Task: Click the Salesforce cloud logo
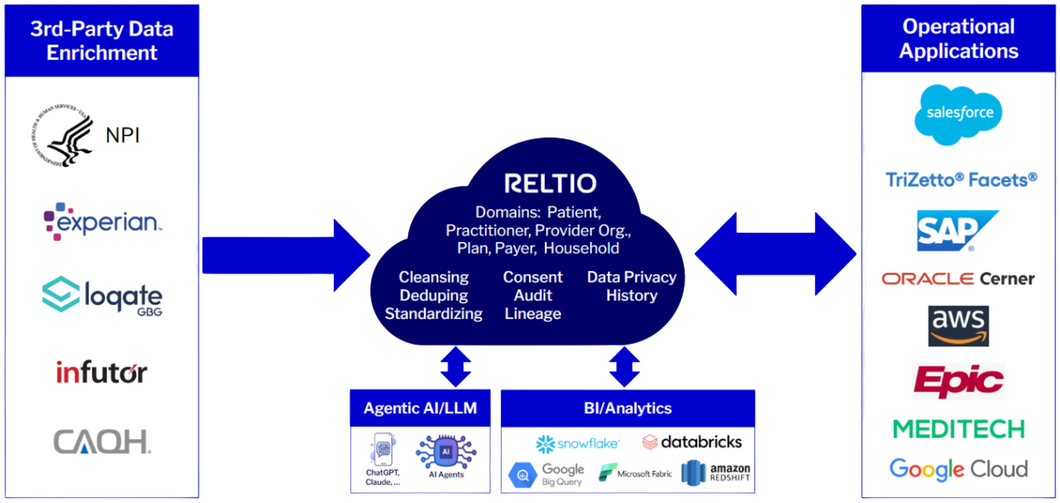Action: [958, 114]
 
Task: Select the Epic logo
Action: [958, 381]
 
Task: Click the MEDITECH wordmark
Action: [958, 428]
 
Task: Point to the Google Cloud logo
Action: [958, 469]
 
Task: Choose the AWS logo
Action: [958, 326]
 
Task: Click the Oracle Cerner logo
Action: [958, 279]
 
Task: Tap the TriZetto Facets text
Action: [961, 180]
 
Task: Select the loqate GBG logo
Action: [102, 296]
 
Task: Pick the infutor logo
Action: [102, 372]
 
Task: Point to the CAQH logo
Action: [102, 442]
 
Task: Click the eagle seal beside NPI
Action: [65, 135]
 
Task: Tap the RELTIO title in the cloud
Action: [551, 183]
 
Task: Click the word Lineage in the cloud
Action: [532, 314]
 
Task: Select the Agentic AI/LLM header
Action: [420, 409]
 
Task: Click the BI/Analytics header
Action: [627, 409]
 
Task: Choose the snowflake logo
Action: [578, 444]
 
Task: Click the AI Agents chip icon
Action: [446, 452]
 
